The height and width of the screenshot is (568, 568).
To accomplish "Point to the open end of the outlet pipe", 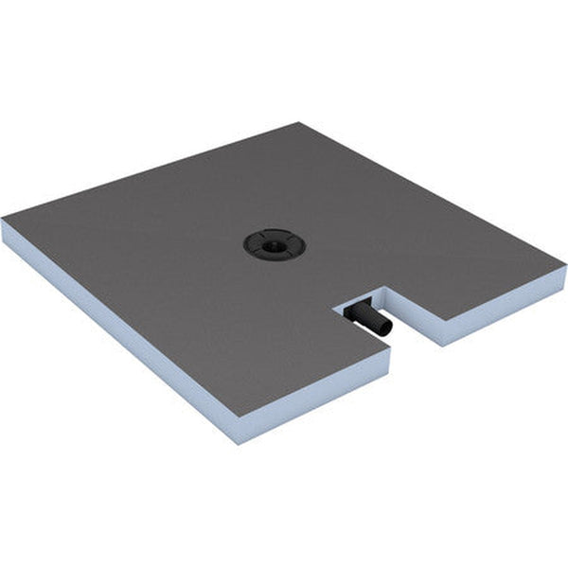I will pyautogui.click(x=386, y=328).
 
